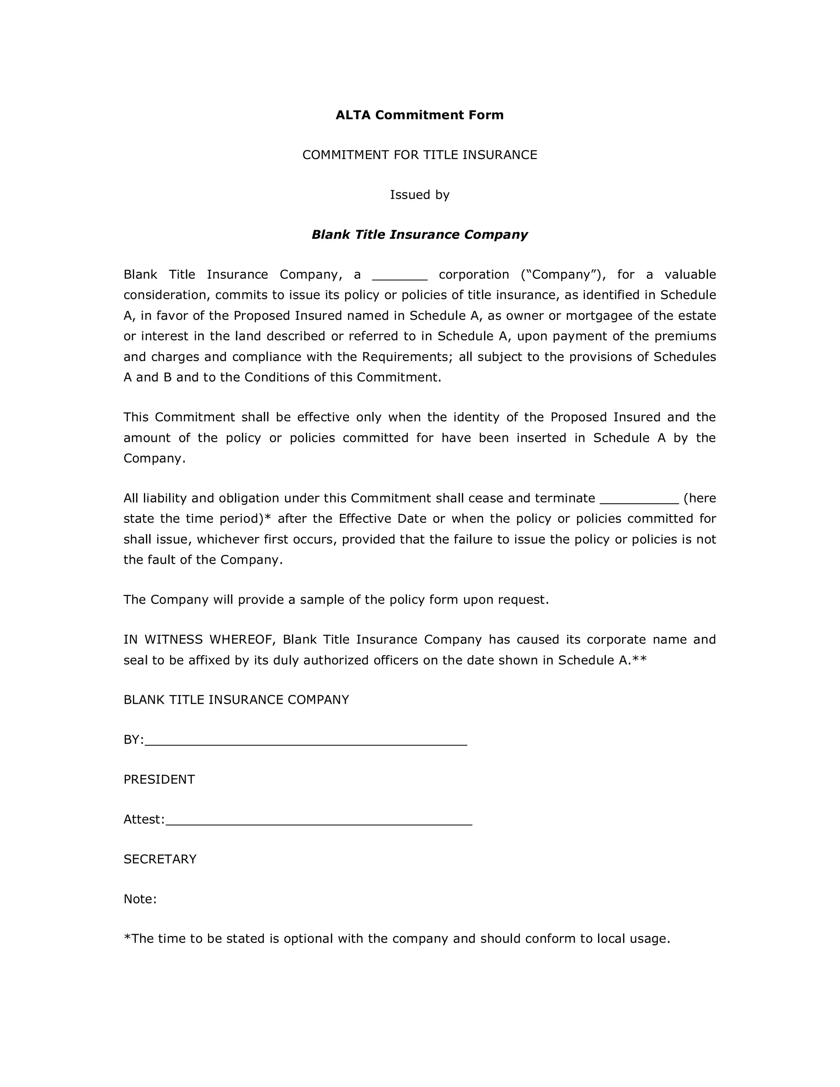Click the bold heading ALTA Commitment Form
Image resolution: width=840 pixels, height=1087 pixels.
point(420,115)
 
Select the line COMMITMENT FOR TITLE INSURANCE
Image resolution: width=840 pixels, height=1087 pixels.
point(420,155)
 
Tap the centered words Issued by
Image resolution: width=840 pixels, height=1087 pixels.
point(420,194)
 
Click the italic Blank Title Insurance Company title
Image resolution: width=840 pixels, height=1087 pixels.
point(420,234)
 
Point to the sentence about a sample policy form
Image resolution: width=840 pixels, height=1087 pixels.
point(336,599)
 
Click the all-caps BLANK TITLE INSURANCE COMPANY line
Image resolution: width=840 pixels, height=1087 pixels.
point(236,700)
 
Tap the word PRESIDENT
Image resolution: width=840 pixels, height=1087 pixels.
point(159,779)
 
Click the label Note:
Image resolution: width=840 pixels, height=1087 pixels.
point(140,899)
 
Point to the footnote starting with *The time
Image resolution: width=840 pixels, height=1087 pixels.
point(397,939)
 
